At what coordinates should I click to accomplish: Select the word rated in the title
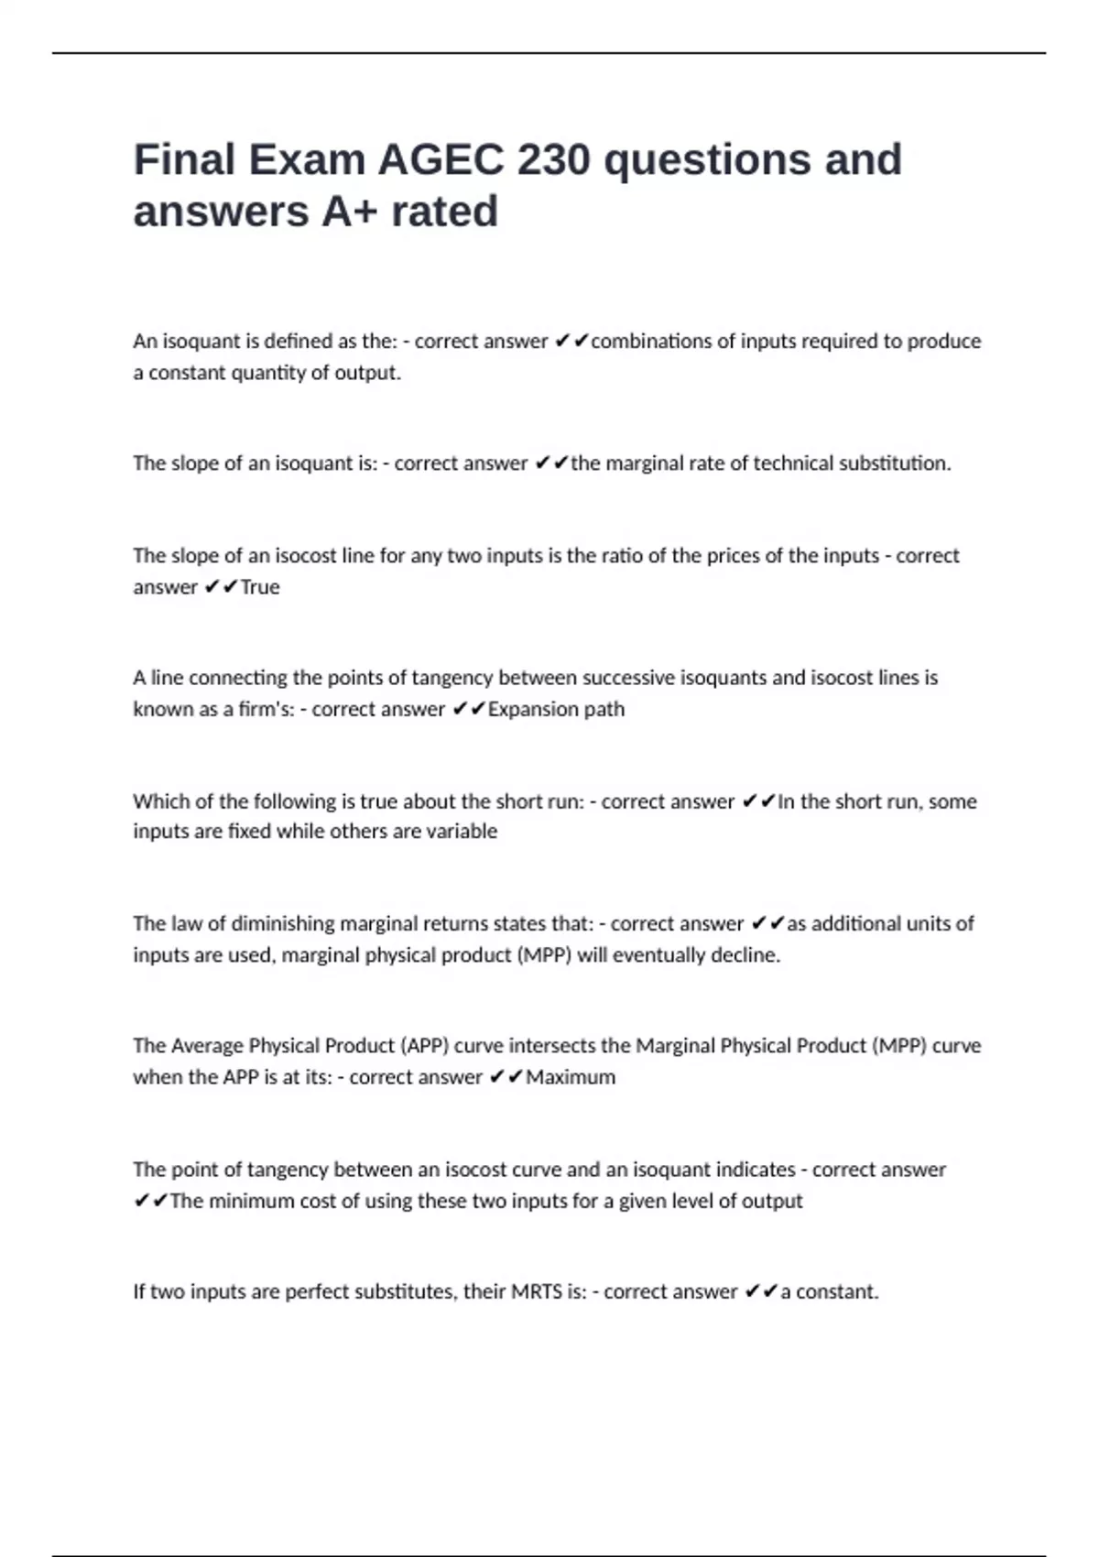click(444, 212)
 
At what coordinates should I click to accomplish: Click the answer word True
click(260, 587)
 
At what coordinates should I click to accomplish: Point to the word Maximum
click(571, 1077)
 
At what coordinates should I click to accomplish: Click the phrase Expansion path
click(556, 709)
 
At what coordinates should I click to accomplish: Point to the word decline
click(749, 955)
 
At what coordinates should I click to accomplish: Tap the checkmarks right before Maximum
click(506, 1077)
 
